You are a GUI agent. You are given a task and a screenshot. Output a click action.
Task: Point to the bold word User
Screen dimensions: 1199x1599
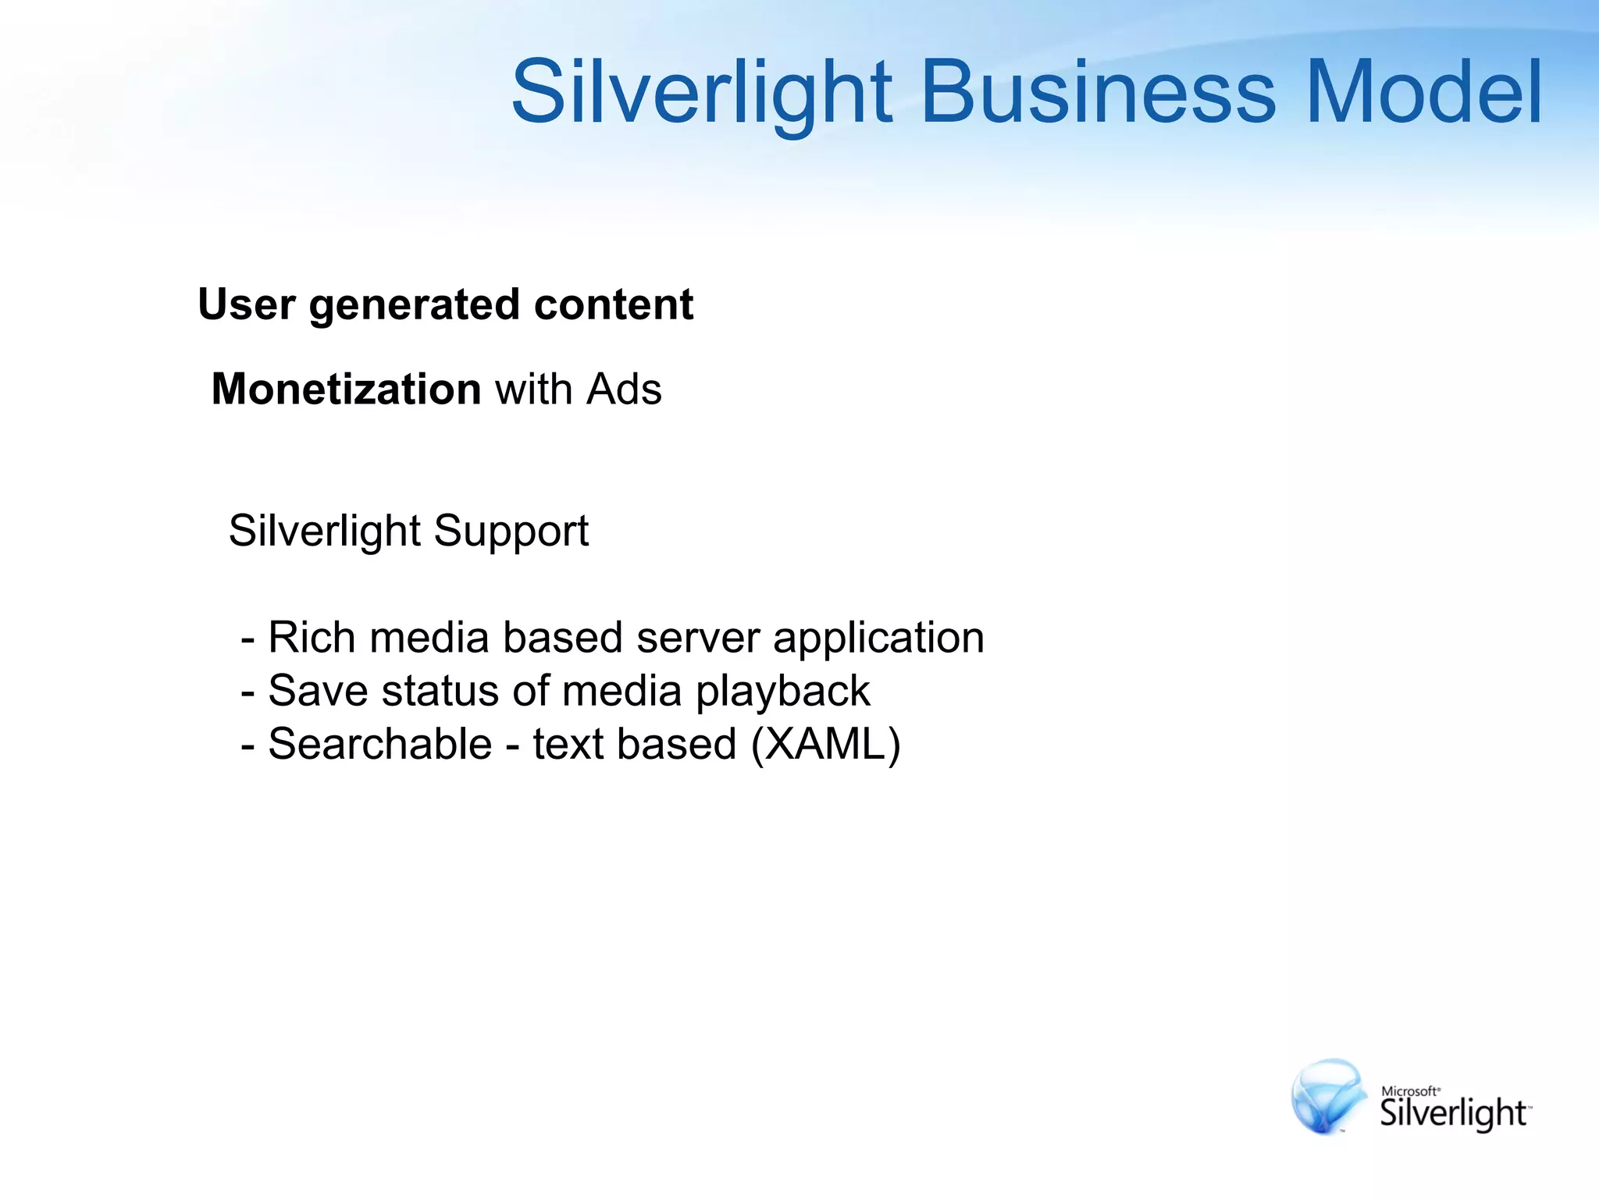[247, 304]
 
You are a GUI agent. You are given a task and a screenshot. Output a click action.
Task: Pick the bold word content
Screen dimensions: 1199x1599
[614, 304]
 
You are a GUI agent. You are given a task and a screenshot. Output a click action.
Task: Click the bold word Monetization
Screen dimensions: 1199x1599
[346, 389]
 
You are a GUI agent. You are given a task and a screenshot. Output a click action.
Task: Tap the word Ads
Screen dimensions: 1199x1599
[624, 389]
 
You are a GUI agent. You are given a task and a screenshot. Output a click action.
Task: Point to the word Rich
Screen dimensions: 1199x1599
[312, 637]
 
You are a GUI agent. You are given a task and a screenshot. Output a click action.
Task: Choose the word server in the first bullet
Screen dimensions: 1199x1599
[697, 639]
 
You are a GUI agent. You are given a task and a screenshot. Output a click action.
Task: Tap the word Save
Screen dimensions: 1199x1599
[318, 691]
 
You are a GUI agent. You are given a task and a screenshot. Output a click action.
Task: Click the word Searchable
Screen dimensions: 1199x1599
[379, 743]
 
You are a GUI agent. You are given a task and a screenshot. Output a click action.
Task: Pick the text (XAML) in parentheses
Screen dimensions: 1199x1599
[825, 744]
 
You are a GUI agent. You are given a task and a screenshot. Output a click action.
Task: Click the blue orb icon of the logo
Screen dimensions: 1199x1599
[1328, 1097]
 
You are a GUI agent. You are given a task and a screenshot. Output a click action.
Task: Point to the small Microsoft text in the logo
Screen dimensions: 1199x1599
[1409, 1091]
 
